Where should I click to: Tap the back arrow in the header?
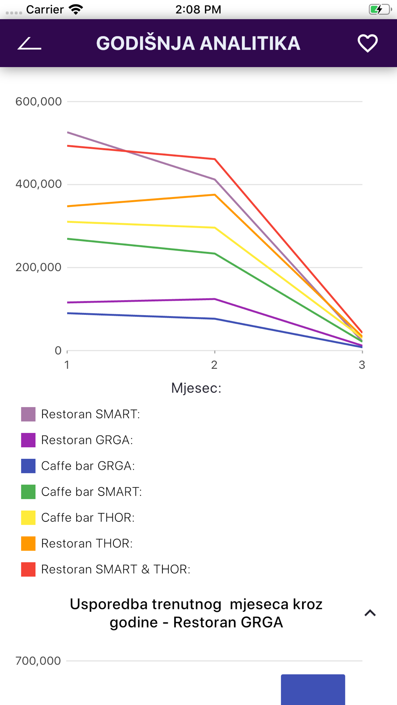pos(29,44)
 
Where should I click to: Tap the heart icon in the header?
pos(367,43)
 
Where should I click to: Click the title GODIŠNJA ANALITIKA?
pos(198,43)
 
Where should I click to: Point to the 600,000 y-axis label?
pos(39,102)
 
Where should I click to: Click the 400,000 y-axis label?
pos(39,184)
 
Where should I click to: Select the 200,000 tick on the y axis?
pos(39,267)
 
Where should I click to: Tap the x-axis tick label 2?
pos(214,365)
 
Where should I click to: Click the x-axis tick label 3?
pos(362,365)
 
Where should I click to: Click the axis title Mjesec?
pos(196,388)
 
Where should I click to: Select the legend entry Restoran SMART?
pos(91,414)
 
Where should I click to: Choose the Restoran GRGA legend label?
pos(87,440)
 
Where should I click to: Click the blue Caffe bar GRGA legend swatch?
pos(28,466)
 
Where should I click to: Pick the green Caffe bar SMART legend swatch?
pos(28,492)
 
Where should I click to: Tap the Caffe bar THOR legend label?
pos(88,518)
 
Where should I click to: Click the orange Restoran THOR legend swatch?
pos(28,544)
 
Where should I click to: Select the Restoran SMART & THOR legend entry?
pos(116,569)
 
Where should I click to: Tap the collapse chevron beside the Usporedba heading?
pos(370,613)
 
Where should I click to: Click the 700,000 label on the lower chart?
pos(38,661)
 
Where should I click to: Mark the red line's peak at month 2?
pos(215,159)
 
